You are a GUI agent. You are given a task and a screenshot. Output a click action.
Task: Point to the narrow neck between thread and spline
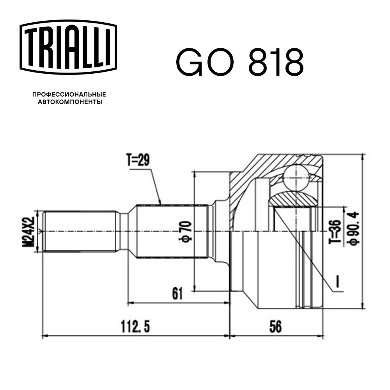(x=124, y=232)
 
